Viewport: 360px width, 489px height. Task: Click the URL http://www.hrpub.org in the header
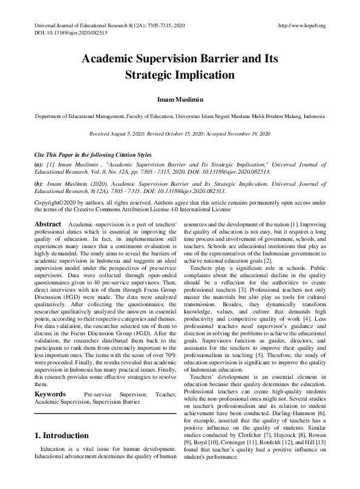pyautogui.click(x=301, y=25)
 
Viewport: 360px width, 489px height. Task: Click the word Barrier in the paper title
pyautogui.click(x=212, y=59)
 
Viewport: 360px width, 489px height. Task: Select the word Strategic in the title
pyautogui.click(x=150, y=76)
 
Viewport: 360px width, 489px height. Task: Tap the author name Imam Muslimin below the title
pyautogui.click(x=180, y=99)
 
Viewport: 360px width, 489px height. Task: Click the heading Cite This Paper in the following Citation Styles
pyautogui.click(x=93, y=155)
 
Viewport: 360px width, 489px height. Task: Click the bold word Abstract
pyautogui.click(x=47, y=224)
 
